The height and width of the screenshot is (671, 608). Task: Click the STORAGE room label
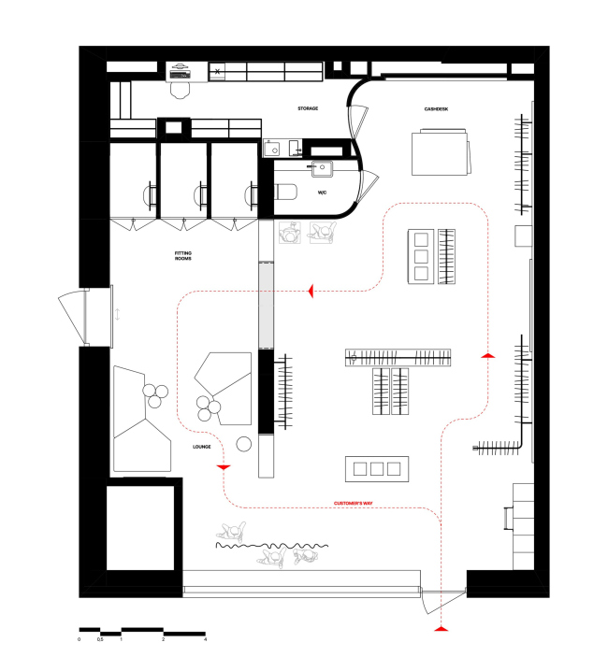click(308, 108)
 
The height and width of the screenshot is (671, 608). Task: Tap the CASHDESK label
click(436, 109)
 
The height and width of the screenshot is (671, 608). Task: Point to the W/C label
click(322, 193)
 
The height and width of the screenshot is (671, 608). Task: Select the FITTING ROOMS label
click(183, 256)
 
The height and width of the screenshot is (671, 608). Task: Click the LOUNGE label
click(202, 447)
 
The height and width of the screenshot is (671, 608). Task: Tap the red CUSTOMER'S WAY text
click(354, 503)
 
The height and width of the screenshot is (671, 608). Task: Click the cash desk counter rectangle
click(440, 153)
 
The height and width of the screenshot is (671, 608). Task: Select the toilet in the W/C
click(285, 193)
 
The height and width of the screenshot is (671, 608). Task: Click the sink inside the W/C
click(322, 168)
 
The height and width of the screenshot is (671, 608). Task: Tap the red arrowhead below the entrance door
click(441, 629)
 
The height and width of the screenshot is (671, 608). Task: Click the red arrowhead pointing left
click(311, 291)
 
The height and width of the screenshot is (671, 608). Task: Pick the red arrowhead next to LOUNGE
click(224, 467)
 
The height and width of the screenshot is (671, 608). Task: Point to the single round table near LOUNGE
click(244, 444)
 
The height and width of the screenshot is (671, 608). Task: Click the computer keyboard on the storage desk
click(180, 75)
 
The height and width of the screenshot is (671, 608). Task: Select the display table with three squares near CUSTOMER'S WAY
click(377, 469)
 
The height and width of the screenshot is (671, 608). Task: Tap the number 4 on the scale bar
click(205, 639)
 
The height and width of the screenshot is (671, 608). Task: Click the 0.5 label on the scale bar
click(100, 639)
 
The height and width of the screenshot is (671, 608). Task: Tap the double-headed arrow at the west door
click(118, 315)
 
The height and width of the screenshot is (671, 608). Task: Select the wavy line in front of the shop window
click(271, 546)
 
